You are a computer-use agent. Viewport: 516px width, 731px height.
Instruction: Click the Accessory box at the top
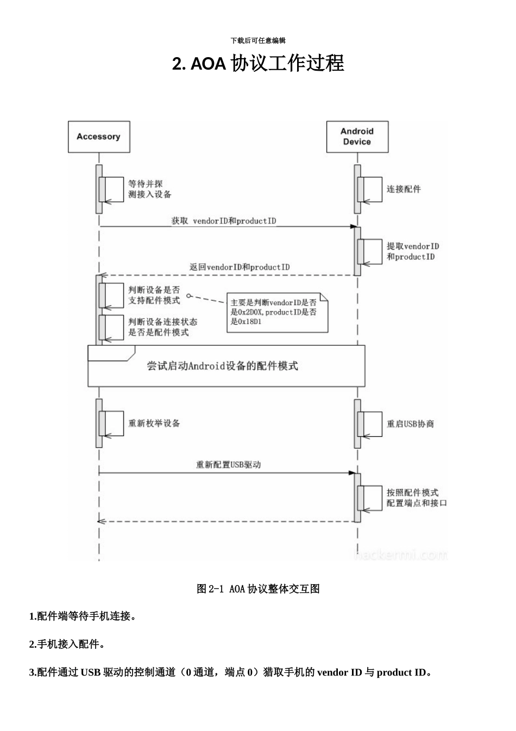point(98,137)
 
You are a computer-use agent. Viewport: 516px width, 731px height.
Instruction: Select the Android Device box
point(357,137)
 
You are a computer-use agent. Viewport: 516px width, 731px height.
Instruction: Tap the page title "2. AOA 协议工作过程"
point(258,64)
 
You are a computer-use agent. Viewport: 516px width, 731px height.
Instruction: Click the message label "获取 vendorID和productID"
point(224,221)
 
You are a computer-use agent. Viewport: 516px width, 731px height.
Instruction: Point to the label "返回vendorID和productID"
point(239,267)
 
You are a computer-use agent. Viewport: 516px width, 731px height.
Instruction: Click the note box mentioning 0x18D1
point(277,312)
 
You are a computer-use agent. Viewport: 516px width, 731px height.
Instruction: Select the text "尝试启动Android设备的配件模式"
point(223,366)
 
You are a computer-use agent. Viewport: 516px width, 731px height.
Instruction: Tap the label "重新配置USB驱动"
point(228,464)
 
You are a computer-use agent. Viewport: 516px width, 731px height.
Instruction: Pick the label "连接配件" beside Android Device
point(404,189)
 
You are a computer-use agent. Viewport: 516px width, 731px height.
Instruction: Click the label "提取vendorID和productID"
point(413,251)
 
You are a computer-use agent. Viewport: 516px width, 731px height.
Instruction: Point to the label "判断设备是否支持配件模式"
point(154,295)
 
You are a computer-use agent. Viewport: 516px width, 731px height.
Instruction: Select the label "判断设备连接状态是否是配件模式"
point(162,327)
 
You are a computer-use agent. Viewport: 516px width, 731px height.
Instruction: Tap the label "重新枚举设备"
point(154,423)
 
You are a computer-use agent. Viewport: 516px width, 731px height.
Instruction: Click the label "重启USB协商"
point(410,424)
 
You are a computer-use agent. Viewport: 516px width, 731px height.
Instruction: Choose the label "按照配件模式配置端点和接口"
point(417,498)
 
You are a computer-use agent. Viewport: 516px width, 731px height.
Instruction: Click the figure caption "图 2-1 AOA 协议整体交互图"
point(258,588)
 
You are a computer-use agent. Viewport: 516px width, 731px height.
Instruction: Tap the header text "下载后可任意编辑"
point(258,41)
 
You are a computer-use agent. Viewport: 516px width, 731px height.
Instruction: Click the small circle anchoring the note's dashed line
point(189,296)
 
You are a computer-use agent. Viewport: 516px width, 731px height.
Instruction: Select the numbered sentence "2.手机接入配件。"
point(67,645)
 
